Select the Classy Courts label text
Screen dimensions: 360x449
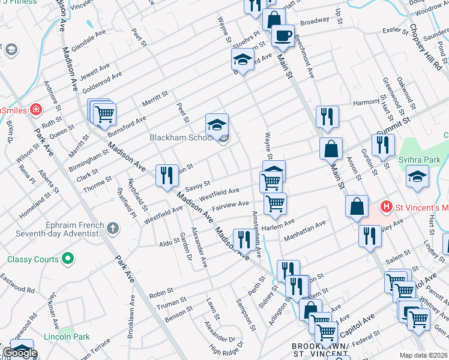coord(33,259)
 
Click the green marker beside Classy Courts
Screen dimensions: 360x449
coord(68,259)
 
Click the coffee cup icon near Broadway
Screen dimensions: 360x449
coord(283,35)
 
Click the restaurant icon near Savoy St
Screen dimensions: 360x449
coord(166,175)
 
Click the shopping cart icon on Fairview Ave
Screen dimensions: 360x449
coord(276,204)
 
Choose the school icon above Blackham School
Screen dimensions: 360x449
coord(217,124)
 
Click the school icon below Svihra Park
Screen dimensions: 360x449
coord(417,176)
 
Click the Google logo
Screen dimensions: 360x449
coord(20,353)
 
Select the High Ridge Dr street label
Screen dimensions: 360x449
coord(227,349)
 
